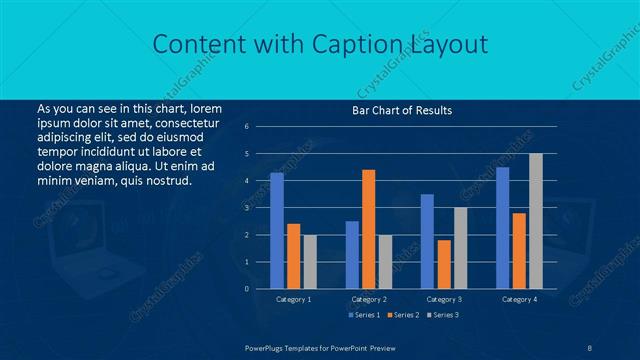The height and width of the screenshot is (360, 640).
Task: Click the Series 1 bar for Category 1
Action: pos(277,230)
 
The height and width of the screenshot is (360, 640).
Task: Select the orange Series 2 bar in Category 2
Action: pos(368,229)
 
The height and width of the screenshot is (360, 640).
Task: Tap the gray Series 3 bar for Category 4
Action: pos(535,221)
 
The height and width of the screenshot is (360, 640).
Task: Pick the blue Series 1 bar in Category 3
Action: pos(427,241)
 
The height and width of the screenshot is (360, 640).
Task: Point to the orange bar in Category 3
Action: pos(444,264)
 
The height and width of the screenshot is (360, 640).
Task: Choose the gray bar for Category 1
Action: pos(309,261)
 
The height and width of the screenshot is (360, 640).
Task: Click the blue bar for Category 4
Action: pos(502,227)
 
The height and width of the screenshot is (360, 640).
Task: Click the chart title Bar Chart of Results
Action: pos(402,110)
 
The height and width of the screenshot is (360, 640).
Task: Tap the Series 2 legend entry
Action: pos(403,315)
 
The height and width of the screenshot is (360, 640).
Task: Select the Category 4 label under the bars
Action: pos(519,299)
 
